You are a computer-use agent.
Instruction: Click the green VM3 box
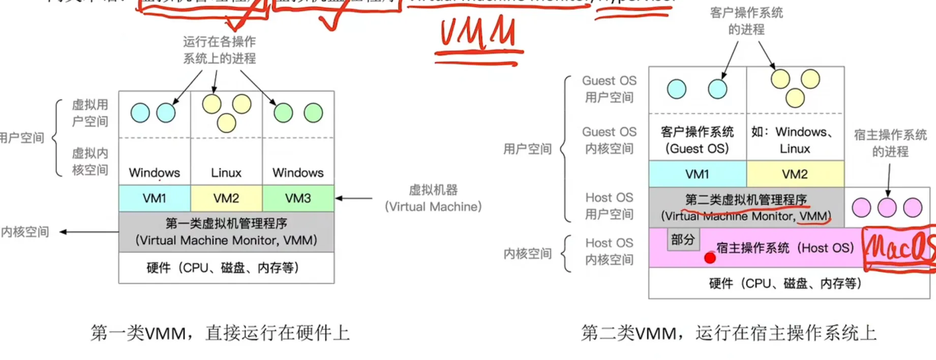click(298, 198)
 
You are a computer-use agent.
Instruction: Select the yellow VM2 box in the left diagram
click(226, 198)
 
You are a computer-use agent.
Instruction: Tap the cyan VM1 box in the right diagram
click(697, 174)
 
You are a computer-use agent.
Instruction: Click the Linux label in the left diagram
click(226, 173)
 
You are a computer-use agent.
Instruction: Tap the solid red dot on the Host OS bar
click(710, 258)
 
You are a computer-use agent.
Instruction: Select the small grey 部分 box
click(683, 239)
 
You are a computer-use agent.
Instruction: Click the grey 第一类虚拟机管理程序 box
click(226, 232)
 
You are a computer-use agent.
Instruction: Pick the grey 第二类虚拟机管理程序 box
click(746, 207)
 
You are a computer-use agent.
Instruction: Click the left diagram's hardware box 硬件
click(226, 268)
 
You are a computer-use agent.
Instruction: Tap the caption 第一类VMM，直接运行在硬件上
click(220, 333)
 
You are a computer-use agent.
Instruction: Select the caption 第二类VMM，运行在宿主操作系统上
click(729, 333)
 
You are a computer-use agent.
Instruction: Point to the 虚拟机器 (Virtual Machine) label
click(433, 198)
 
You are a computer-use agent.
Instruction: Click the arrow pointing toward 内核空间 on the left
click(89, 232)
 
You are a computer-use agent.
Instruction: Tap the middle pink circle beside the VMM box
click(887, 207)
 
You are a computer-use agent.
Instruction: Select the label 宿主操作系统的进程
click(890, 143)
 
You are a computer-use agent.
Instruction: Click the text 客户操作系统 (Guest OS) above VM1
click(697, 140)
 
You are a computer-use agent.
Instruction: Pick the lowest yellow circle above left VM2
click(226, 123)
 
